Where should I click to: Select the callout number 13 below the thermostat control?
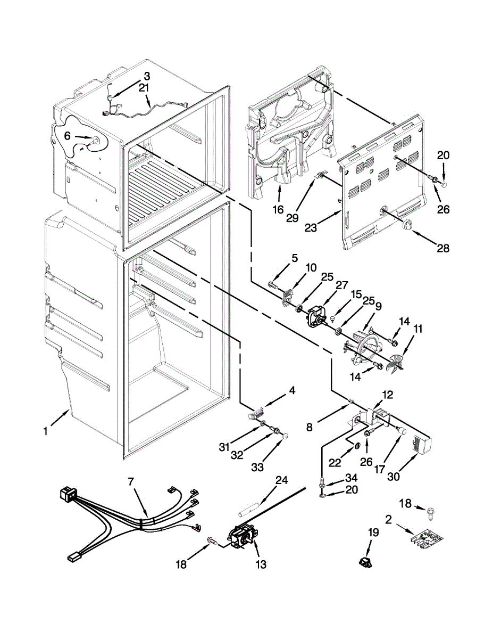tap(261, 564)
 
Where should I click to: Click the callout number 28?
tap(443, 248)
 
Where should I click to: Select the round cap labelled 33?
tap(286, 436)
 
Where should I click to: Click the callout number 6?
tap(67, 136)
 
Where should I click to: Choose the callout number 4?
tap(291, 391)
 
